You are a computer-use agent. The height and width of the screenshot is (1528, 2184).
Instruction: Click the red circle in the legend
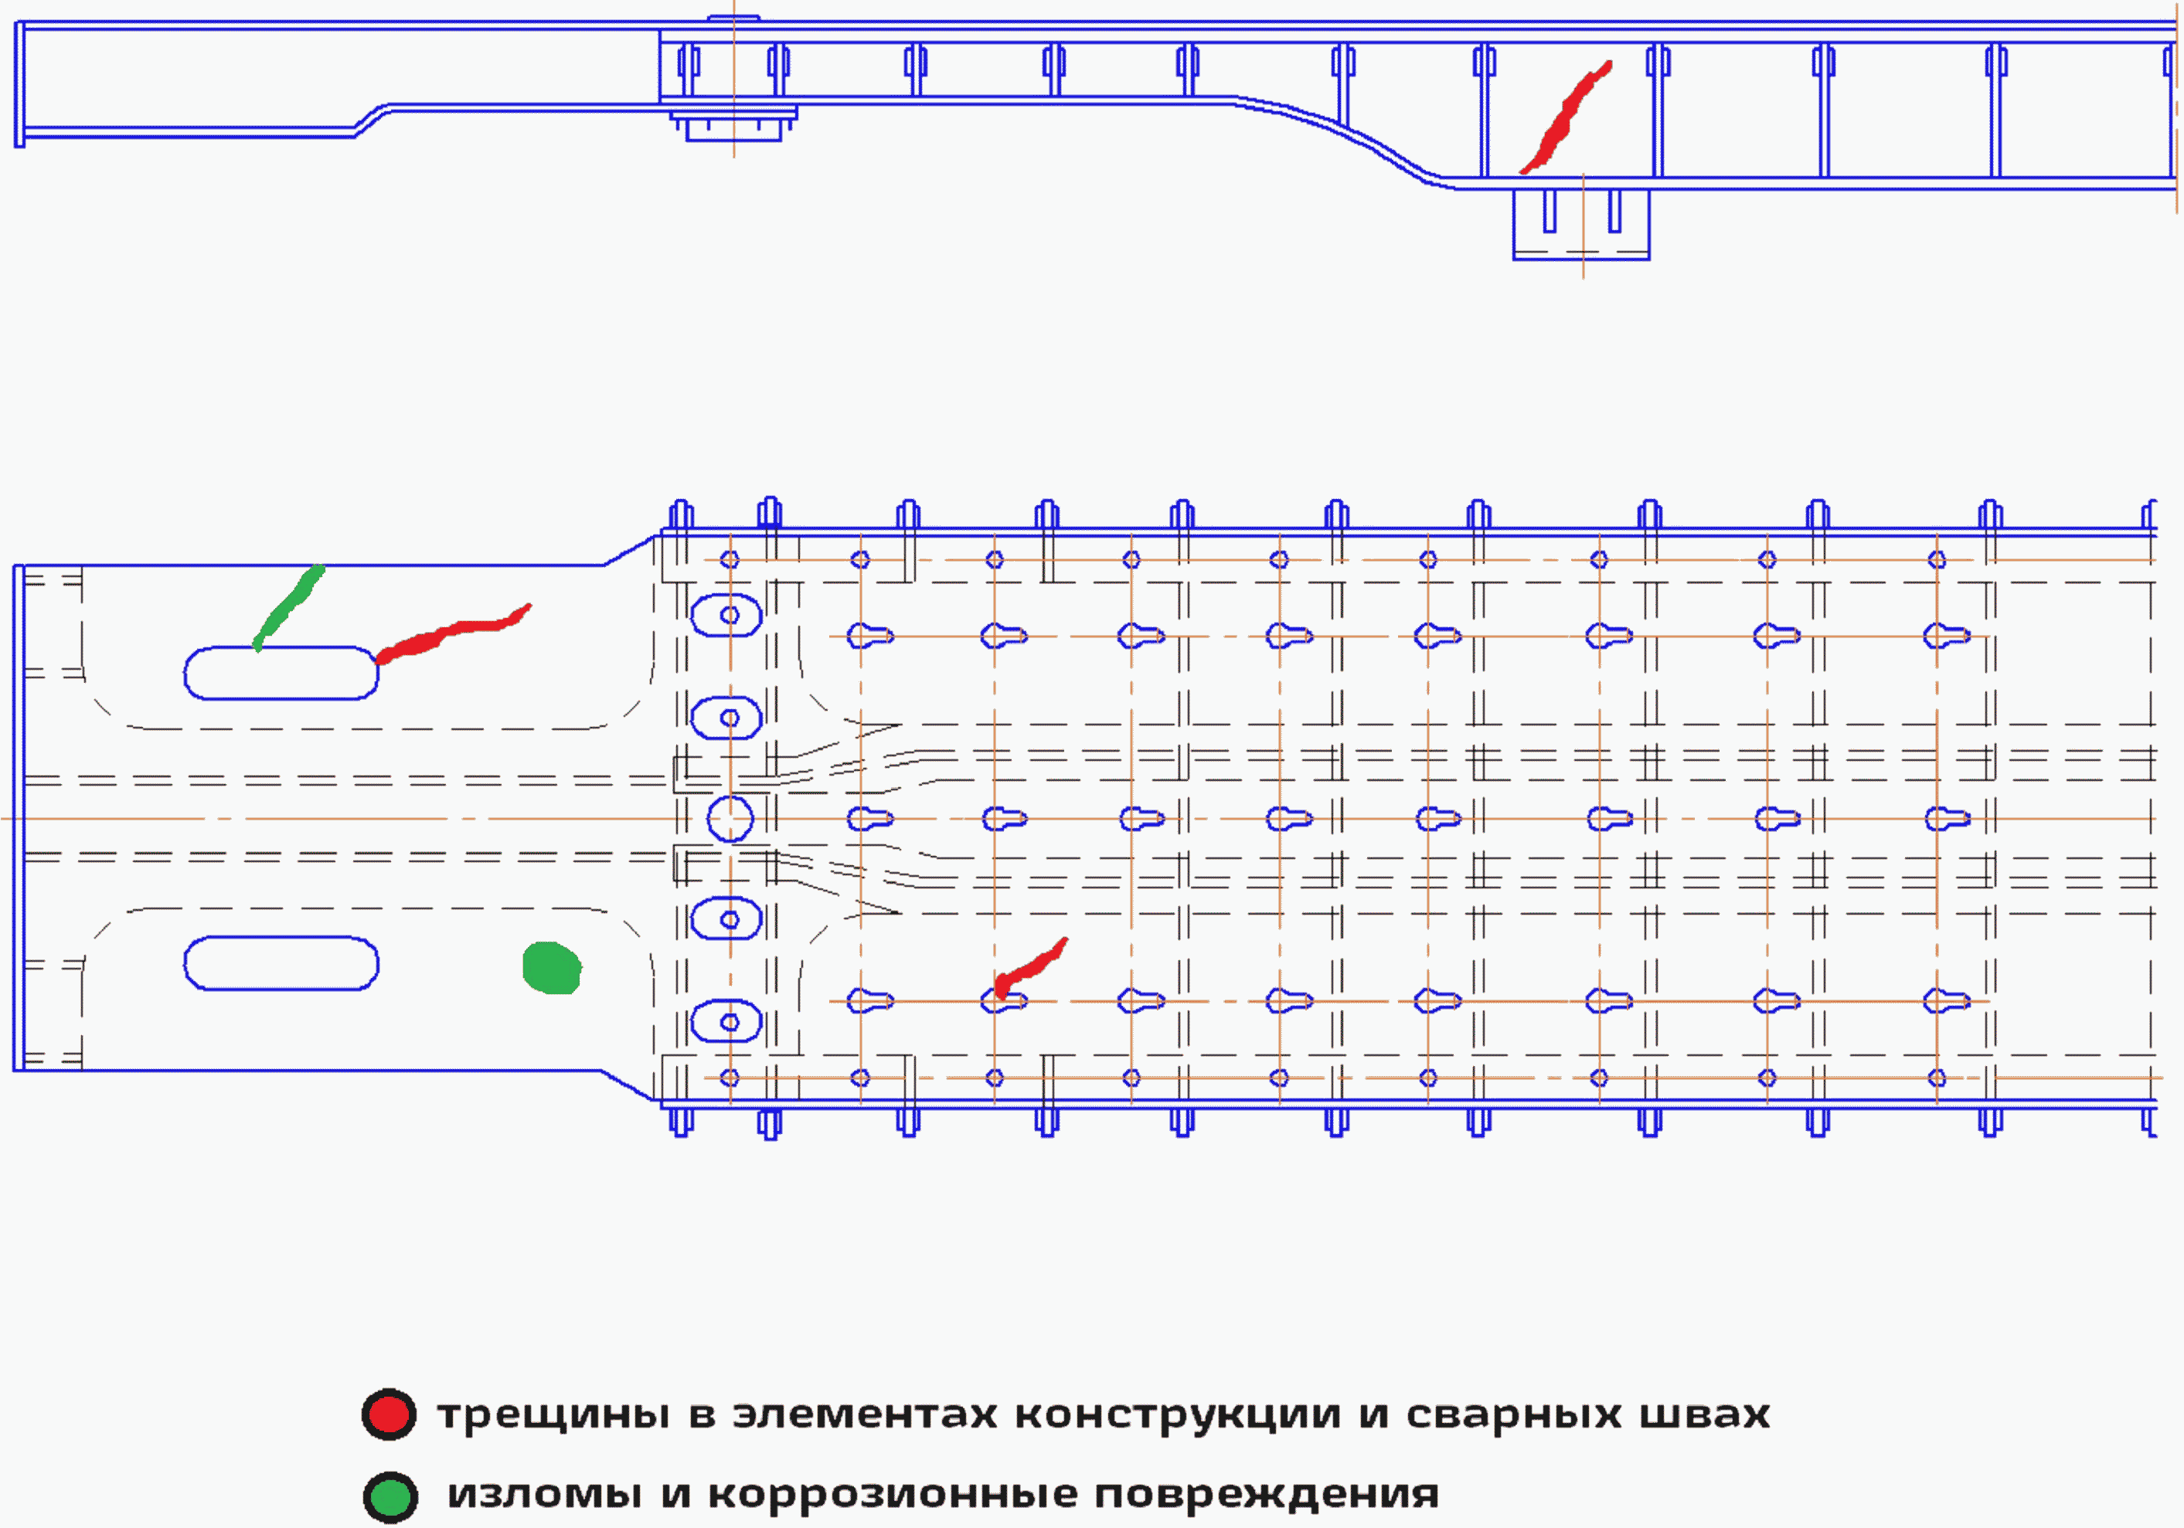(388, 1415)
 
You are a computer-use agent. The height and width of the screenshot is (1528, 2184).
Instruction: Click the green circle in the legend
(390, 1496)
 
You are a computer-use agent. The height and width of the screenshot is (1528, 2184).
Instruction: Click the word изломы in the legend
(544, 1494)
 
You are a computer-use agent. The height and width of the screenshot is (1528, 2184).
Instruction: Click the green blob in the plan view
(552, 968)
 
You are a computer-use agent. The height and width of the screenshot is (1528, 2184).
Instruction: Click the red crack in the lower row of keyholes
(1030, 969)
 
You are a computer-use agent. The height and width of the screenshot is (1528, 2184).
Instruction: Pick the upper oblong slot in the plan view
(281, 673)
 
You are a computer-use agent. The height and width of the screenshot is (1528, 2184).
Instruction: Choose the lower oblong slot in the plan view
(281, 963)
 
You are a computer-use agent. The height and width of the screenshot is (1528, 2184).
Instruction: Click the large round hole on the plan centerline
(730, 819)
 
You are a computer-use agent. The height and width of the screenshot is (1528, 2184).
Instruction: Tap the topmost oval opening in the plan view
(726, 615)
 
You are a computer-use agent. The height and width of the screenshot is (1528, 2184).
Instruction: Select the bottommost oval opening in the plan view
(726, 1022)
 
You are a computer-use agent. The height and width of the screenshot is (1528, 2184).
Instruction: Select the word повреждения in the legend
(1266, 1495)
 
